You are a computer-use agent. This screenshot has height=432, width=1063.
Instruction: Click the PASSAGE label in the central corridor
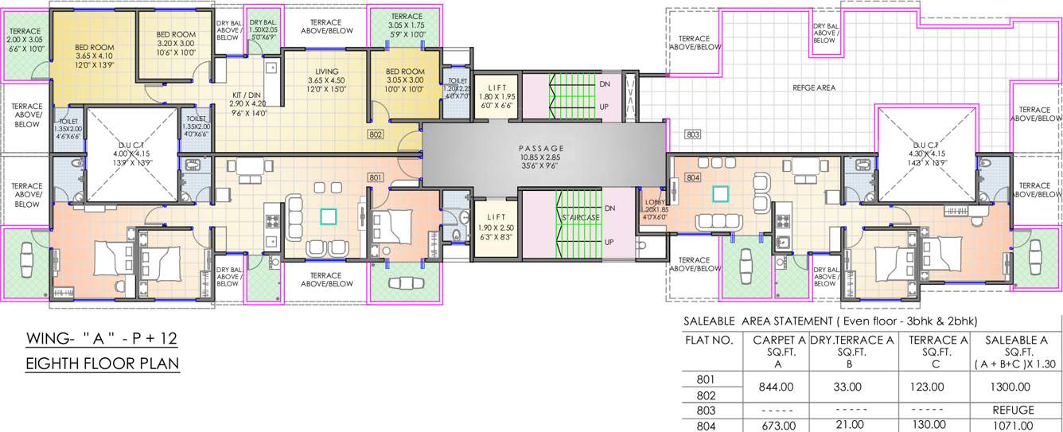[x=540, y=148]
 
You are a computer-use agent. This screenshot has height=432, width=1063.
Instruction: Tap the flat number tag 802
[x=376, y=134]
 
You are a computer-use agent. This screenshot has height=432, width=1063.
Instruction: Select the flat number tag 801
[x=376, y=177]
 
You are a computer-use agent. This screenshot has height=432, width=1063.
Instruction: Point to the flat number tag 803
[x=692, y=134]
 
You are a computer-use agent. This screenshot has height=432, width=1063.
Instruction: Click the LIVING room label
[x=326, y=72]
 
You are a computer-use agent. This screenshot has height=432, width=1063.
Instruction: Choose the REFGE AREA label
[x=814, y=88]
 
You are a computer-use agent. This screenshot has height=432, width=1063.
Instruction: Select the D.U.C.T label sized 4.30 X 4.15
[x=925, y=143]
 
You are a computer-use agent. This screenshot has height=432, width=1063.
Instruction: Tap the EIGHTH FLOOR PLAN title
[x=103, y=364]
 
